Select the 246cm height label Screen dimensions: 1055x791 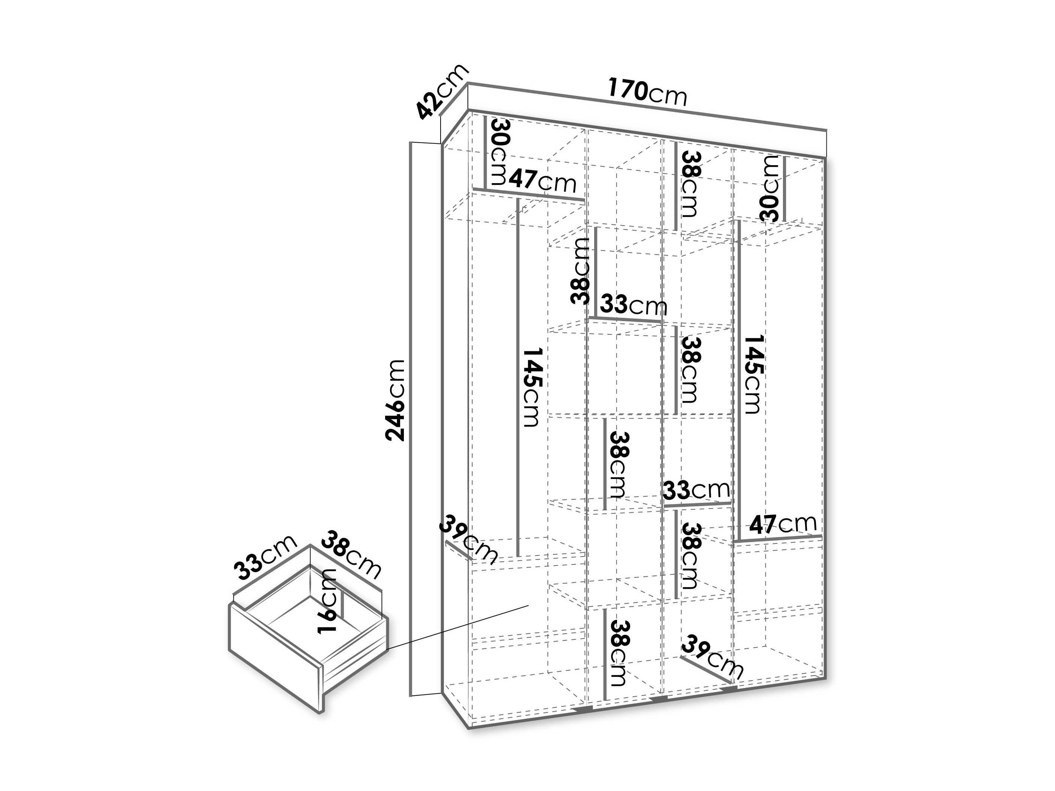396,400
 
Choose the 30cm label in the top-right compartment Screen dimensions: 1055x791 769,189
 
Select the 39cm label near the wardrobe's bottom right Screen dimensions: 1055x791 712,657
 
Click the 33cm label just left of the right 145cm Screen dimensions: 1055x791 697,489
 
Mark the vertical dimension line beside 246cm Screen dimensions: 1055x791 411,419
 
